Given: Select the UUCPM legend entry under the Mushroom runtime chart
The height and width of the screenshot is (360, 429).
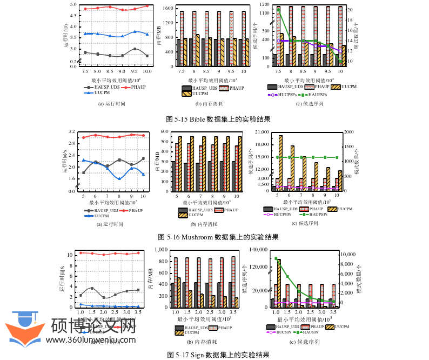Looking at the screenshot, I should (x=101, y=215).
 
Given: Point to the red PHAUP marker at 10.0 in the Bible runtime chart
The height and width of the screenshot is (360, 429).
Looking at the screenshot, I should (x=147, y=6).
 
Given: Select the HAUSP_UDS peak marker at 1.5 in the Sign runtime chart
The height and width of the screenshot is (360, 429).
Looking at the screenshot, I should (x=92, y=288).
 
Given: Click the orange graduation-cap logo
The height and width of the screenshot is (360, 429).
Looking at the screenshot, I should (x=24, y=329).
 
